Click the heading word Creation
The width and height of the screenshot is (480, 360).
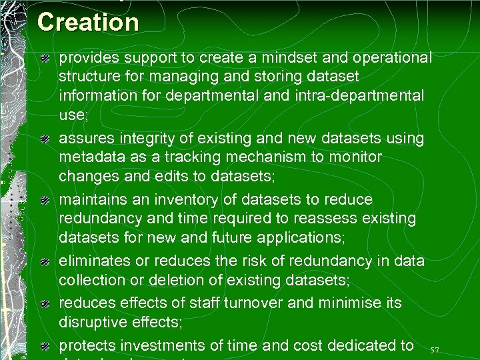pos(88,22)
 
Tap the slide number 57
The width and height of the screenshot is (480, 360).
pos(435,351)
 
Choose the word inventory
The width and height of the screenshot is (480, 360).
pos(190,199)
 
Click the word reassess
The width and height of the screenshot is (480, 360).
pos(318,218)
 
